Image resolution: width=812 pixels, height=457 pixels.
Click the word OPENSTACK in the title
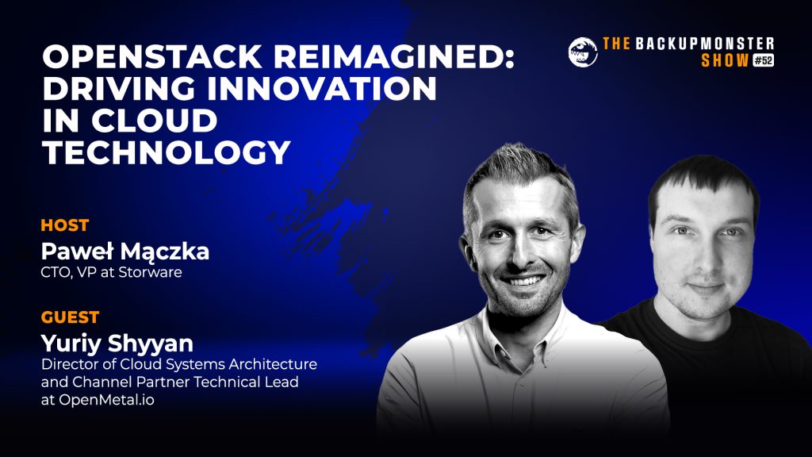coord(152,56)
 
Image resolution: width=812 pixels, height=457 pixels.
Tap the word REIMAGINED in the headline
coord(393,56)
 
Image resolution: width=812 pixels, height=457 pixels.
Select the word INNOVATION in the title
coord(322,89)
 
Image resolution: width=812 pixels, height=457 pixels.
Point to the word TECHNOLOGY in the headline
coord(167,152)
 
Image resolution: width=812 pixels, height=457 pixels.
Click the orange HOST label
coord(65,225)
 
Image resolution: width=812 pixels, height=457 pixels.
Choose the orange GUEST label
coord(70,317)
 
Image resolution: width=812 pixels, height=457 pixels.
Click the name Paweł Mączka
coord(124,252)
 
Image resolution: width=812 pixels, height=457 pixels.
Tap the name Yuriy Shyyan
coord(117,344)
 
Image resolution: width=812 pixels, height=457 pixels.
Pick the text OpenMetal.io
coord(106,400)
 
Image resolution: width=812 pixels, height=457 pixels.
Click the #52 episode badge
coord(763,60)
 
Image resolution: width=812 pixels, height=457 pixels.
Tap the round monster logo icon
coord(583,52)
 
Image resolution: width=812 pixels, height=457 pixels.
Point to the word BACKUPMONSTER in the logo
coord(705,44)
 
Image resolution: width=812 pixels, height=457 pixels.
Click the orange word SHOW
coord(725,60)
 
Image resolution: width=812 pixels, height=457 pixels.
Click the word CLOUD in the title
coord(155,121)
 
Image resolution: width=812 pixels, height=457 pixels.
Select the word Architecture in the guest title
coord(273,364)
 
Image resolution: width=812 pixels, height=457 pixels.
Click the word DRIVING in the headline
coord(120,89)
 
